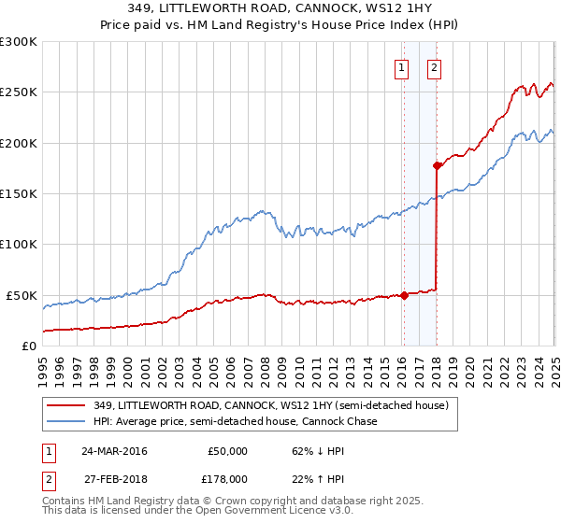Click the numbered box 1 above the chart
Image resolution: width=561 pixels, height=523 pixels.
[402, 66]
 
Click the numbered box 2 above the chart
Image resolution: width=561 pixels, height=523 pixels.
[436, 66]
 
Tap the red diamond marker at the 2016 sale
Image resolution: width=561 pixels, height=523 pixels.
[404, 295]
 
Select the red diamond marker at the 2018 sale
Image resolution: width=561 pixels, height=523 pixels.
[437, 165]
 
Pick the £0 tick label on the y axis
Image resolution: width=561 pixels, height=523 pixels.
[28, 346]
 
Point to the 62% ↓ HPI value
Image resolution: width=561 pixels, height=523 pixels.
[318, 451]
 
